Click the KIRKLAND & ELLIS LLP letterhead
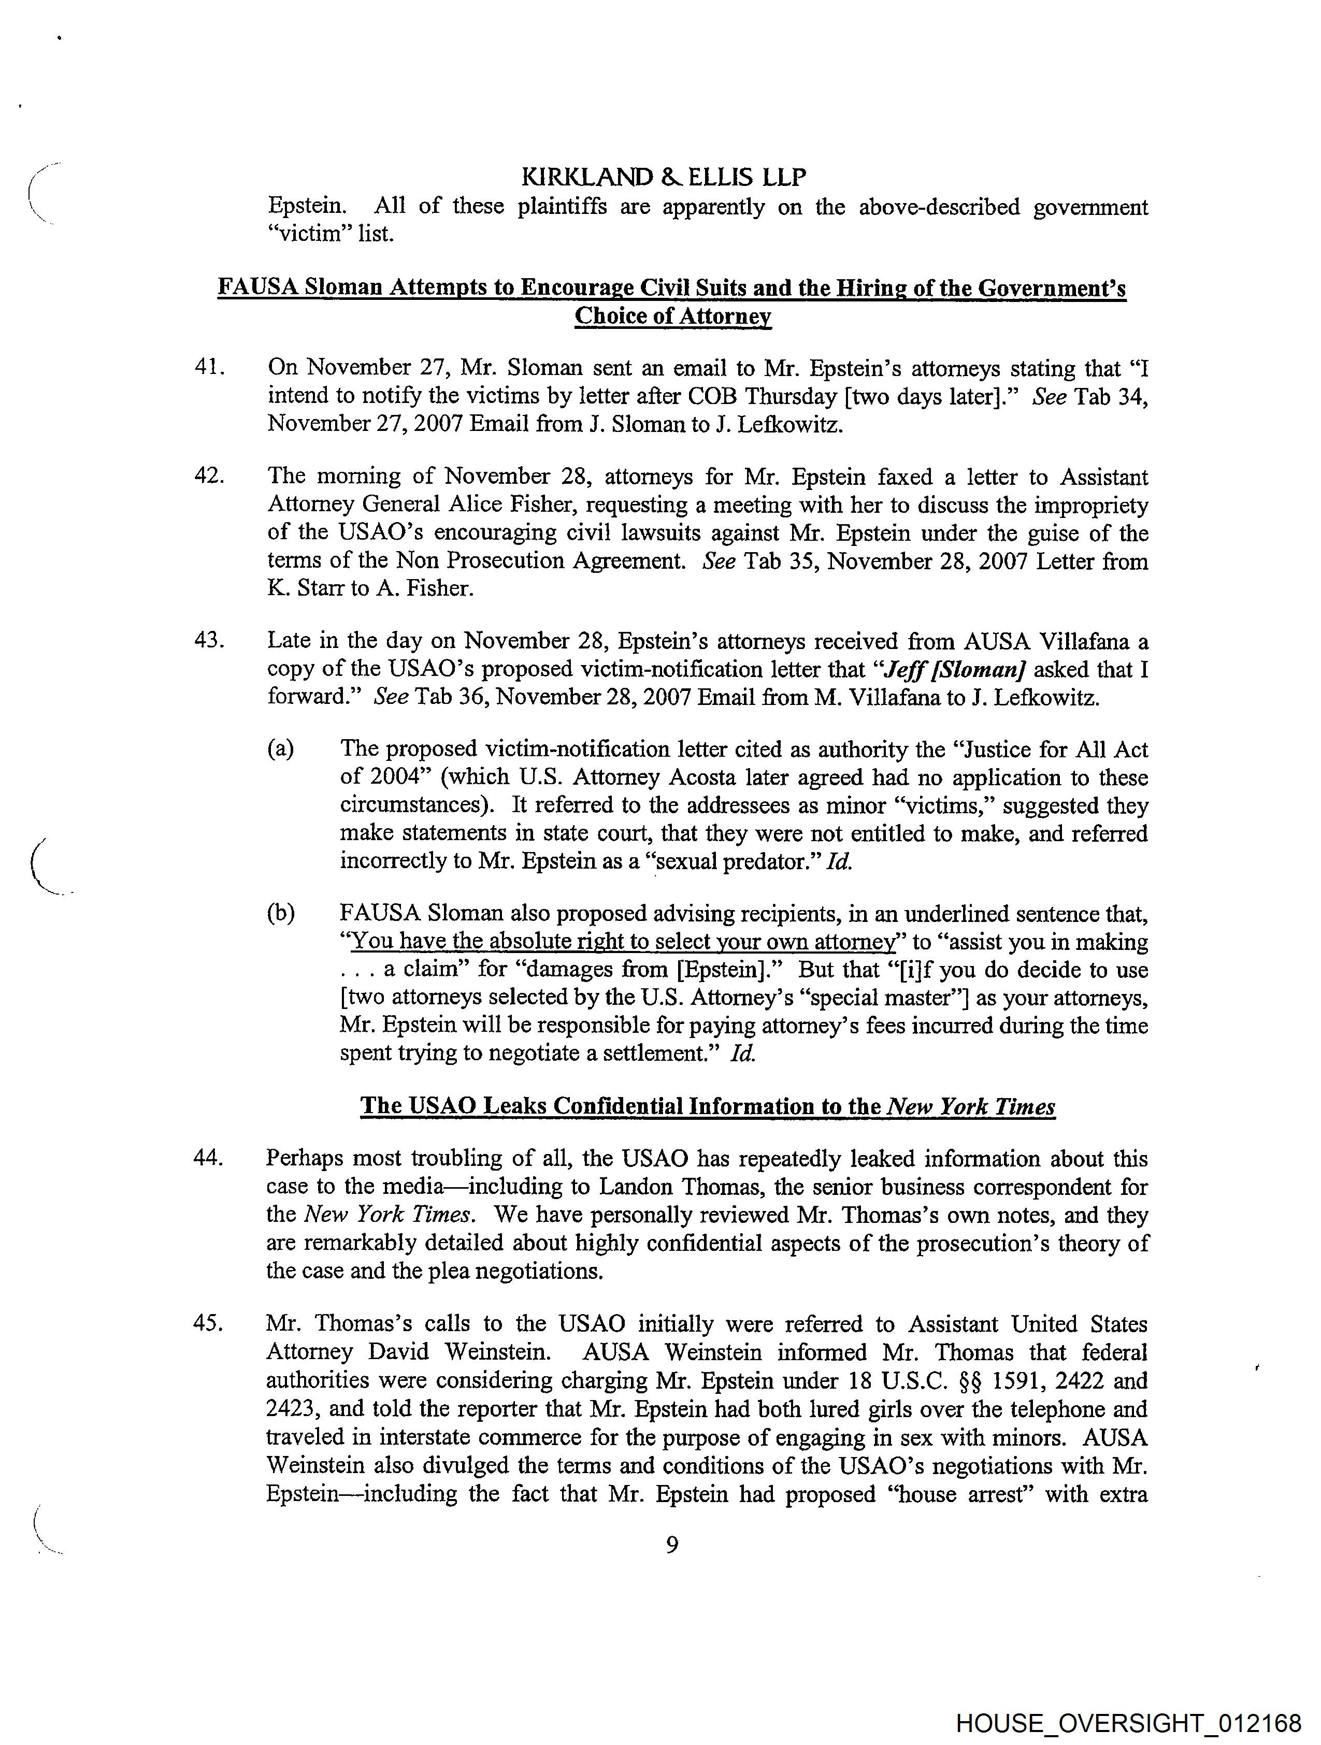[x=664, y=178]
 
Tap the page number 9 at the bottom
[x=671, y=1544]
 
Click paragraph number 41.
[x=208, y=368]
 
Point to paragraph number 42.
[x=208, y=477]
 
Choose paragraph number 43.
[x=208, y=641]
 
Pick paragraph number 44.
[x=208, y=1158]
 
